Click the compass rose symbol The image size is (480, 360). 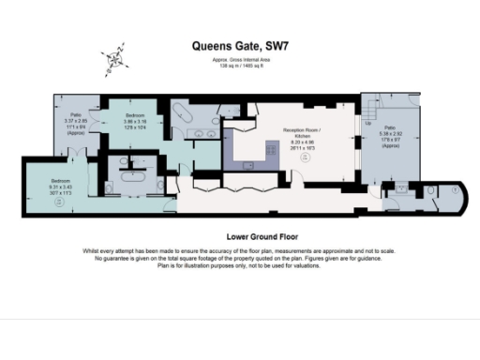[x=116, y=58]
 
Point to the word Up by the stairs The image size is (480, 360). [x=367, y=124]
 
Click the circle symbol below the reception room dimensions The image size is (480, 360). [x=304, y=159]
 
